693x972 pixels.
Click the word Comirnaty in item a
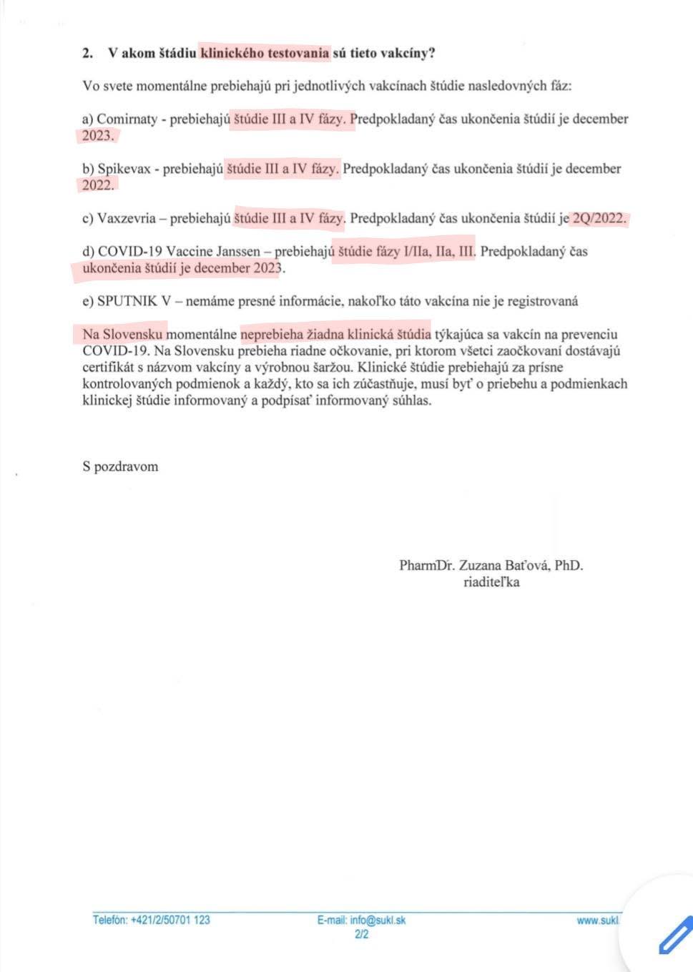(x=127, y=119)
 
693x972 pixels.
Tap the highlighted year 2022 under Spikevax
(x=97, y=185)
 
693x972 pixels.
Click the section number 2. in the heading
(x=88, y=53)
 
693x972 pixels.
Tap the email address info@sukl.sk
(x=378, y=920)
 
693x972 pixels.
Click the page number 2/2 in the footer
(x=361, y=934)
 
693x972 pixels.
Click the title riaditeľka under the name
(x=491, y=582)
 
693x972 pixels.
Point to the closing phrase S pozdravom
(x=120, y=467)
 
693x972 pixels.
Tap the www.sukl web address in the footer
(x=598, y=920)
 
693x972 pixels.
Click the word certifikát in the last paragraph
(x=109, y=368)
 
